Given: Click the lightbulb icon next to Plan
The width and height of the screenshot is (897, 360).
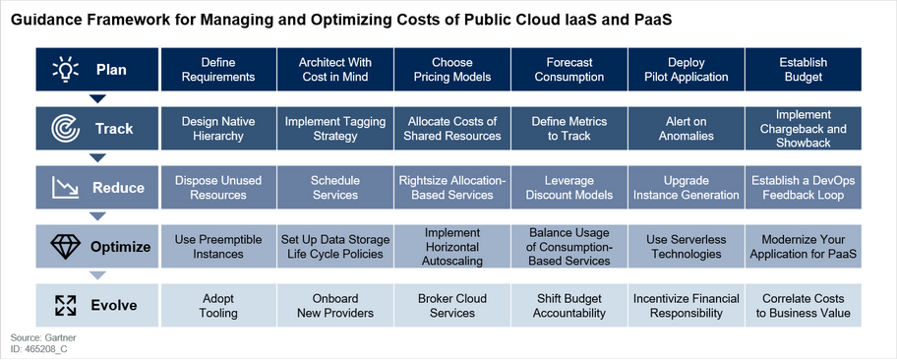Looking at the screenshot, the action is [x=66, y=69].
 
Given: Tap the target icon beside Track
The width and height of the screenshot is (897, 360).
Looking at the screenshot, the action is [x=65, y=129].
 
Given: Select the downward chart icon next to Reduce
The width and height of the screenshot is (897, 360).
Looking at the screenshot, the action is [x=65, y=188].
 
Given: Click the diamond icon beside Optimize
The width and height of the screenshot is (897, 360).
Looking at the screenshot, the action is [x=66, y=247].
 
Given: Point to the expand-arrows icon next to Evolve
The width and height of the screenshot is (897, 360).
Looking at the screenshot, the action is [x=66, y=306].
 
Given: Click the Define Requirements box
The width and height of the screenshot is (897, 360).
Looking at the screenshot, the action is [x=218, y=69].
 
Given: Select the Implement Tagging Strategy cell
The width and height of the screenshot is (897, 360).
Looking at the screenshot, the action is [x=335, y=129].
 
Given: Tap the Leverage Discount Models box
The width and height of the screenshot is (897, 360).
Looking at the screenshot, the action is [x=569, y=188].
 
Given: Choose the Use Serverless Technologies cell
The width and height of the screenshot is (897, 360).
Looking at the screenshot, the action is [x=687, y=247].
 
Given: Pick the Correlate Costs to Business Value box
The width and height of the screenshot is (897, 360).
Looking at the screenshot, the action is [x=804, y=306].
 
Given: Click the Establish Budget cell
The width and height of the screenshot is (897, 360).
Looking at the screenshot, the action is [x=804, y=69].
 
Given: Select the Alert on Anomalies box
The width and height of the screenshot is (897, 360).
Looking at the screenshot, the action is [x=687, y=129].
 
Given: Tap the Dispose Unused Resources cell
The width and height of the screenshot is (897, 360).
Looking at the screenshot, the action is [x=218, y=188].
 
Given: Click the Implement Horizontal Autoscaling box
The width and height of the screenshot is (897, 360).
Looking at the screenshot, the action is [x=451, y=247].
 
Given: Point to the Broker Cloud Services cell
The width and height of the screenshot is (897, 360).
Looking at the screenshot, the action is [x=451, y=306].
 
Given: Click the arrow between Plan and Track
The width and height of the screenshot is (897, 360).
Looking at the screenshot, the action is [x=97, y=99].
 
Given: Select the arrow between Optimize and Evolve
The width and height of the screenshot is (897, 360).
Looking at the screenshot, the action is [x=97, y=275].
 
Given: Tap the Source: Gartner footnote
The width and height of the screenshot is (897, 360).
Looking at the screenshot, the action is [x=34, y=338].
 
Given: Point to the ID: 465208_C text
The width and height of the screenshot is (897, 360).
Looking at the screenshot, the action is [x=34, y=348].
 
